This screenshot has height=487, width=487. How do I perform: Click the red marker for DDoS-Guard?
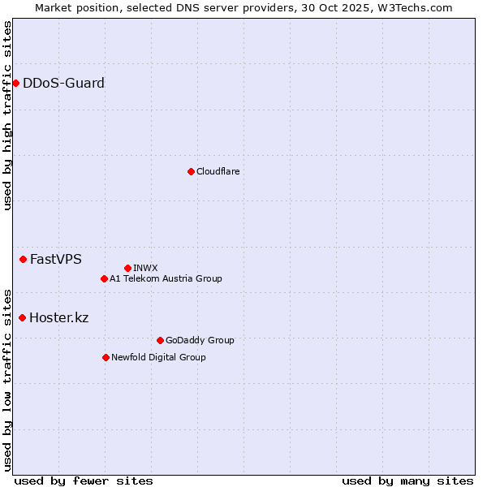[15, 83]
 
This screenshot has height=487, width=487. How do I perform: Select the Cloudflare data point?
[191, 171]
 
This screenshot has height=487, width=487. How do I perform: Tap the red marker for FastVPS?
[23, 259]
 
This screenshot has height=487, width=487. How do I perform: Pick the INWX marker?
[127, 268]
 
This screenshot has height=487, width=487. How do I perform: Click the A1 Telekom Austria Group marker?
[104, 278]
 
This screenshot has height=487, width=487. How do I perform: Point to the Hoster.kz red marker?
[22, 317]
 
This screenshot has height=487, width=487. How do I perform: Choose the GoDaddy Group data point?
[160, 340]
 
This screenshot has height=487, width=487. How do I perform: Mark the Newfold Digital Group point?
[106, 357]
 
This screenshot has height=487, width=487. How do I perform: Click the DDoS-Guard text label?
[63, 83]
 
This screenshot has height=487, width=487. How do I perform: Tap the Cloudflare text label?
[218, 171]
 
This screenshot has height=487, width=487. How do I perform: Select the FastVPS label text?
[56, 260]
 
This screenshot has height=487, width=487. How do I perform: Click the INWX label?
[145, 268]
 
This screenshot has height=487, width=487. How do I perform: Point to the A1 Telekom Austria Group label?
[166, 278]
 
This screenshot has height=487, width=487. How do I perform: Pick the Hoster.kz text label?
[58, 317]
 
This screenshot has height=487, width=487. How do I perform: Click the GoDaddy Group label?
[200, 340]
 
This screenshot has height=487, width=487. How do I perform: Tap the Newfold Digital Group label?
[158, 357]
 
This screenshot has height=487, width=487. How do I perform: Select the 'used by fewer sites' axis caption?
[84, 481]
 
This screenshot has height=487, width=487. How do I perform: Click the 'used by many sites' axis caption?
[407, 481]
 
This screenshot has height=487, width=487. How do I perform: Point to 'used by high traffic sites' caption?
[7, 115]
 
